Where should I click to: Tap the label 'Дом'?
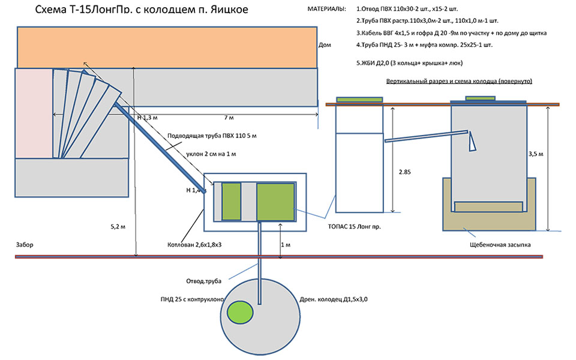(326, 45)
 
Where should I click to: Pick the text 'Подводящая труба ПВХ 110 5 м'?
(212, 137)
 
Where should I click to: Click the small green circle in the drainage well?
(239, 311)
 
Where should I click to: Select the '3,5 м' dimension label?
(536, 154)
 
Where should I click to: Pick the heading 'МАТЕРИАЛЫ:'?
(326, 10)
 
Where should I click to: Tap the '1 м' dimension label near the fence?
(285, 245)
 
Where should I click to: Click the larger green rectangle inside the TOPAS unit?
(275, 202)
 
